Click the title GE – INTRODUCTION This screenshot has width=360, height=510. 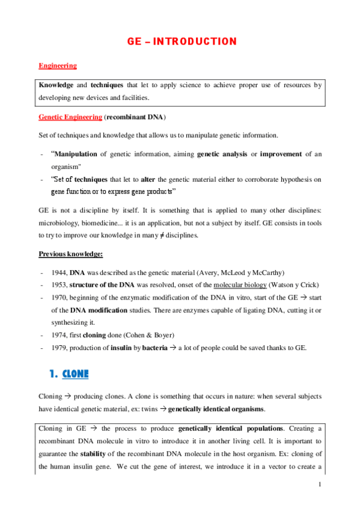182,41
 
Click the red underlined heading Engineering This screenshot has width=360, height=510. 58,65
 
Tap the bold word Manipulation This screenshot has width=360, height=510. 75,155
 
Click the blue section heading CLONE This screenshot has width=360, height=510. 76,374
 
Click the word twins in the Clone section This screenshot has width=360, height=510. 153,409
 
